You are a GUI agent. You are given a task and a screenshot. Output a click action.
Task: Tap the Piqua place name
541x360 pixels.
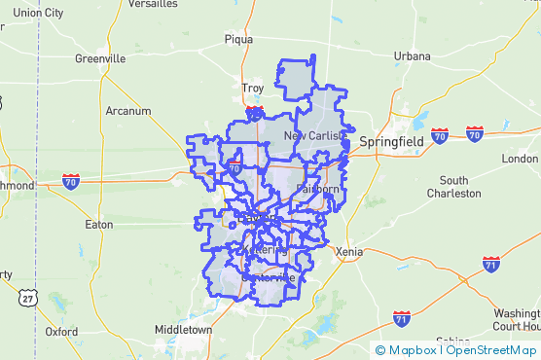point(238,40)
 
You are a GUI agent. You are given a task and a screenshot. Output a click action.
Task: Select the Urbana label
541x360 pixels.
point(412,56)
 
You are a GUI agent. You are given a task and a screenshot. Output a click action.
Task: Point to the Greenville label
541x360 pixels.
point(100,58)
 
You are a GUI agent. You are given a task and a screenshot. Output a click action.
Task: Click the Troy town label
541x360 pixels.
point(252,89)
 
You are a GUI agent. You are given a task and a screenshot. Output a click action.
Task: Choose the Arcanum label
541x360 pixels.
point(127,111)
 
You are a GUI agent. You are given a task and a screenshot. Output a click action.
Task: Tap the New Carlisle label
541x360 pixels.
point(313,135)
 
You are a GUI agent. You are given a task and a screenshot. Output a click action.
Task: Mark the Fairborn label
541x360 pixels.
point(318,189)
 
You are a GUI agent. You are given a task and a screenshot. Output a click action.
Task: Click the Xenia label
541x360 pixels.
point(347,251)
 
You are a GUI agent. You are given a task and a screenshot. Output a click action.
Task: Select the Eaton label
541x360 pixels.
point(99,225)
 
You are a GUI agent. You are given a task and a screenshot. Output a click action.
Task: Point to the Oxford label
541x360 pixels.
point(61,331)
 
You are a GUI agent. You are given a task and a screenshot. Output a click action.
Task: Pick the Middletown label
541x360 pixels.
point(183,330)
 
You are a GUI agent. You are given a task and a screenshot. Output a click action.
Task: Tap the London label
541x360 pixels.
point(520,159)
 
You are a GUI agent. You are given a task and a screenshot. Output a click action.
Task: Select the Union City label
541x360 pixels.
point(39,13)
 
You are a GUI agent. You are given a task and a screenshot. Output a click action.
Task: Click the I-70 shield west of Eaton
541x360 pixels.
point(70,181)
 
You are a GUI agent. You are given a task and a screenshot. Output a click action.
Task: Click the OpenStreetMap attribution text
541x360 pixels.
point(491,350)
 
